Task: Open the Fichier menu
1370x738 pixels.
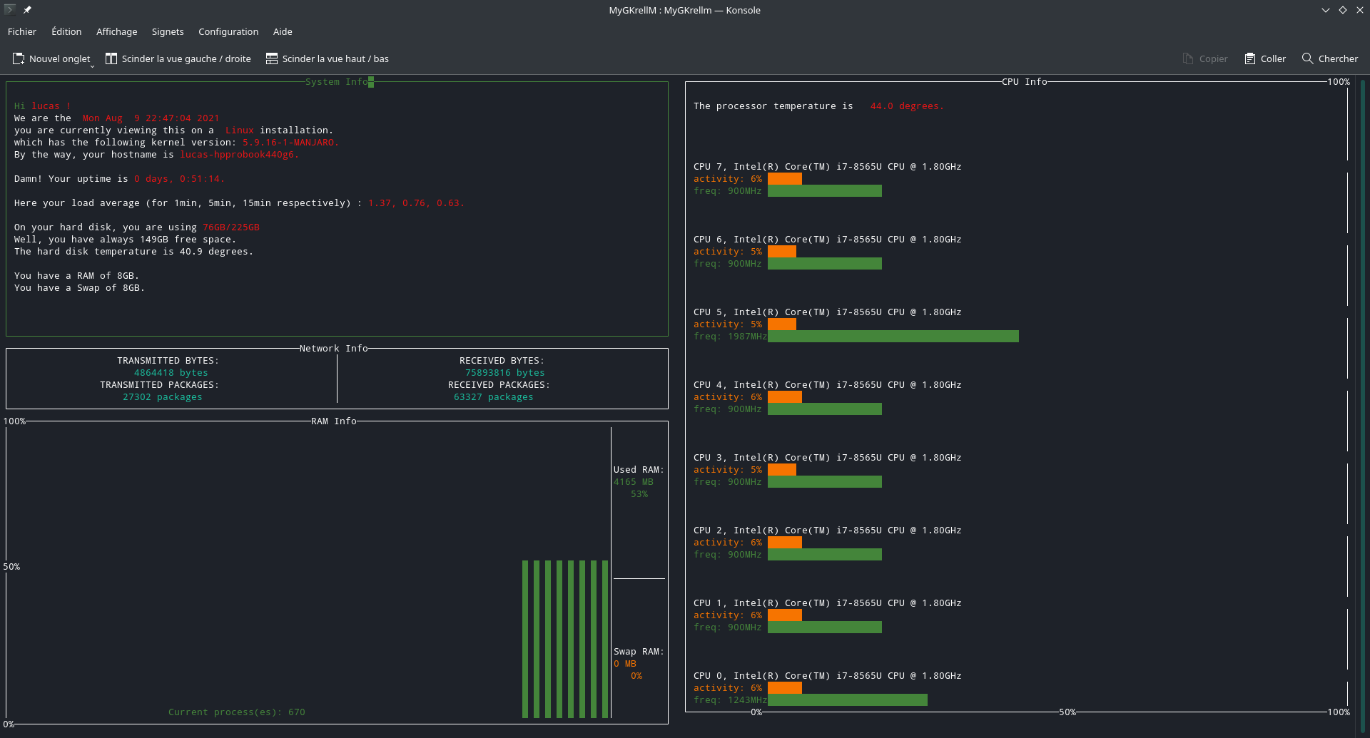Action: pos(22,31)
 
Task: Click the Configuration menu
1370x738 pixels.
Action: pos(228,31)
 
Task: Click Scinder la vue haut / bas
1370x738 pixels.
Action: pos(328,58)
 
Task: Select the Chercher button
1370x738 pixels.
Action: pos(1330,58)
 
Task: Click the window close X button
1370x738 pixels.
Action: pos(1359,10)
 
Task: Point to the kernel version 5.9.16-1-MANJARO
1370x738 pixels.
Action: pos(290,143)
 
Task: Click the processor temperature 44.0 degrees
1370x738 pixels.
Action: pos(906,106)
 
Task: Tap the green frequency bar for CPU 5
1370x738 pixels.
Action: pos(893,337)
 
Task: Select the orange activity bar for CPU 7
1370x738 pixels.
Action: pos(784,179)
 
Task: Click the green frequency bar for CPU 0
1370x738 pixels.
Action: pos(847,700)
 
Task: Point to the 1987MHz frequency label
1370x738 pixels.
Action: pos(746,337)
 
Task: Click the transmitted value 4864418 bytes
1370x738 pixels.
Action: pos(171,373)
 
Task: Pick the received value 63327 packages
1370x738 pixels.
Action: pos(493,397)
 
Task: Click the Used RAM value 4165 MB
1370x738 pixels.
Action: pos(633,482)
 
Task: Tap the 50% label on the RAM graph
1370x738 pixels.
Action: pos(12,567)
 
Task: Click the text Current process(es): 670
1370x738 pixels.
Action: pos(236,712)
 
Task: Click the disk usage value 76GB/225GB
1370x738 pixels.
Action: pos(230,227)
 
